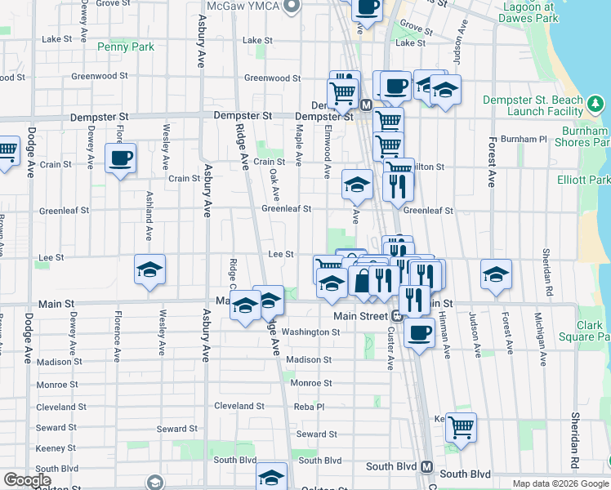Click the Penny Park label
pos(125,47)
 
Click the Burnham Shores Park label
pos(585,136)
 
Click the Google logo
pos(27,480)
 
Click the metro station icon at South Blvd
pos(426,466)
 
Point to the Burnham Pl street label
pos(523,139)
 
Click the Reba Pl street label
pos(309,406)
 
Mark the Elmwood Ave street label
pos(327,152)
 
